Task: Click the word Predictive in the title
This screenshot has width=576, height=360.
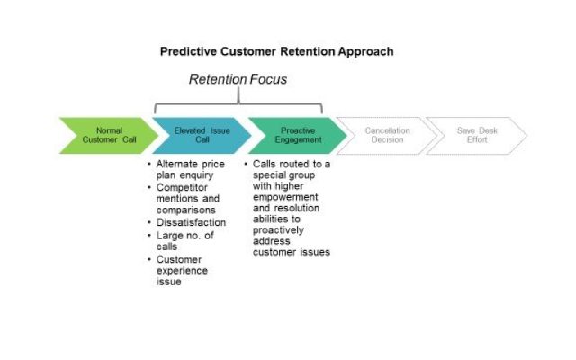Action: [188, 51]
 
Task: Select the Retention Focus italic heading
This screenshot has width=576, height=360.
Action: [238, 79]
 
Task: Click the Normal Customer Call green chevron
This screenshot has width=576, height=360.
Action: [109, 136]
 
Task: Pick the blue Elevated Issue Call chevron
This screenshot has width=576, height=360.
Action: [202, 136]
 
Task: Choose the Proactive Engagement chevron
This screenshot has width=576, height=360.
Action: [298, 136]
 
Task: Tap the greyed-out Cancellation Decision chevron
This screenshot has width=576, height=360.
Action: [387, 136]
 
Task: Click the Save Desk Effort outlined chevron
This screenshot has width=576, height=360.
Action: [477, 136]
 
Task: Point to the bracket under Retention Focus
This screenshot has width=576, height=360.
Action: [238, 104]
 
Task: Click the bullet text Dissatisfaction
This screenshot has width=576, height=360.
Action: [191, 222]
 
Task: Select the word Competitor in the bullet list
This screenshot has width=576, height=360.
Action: [182, 187]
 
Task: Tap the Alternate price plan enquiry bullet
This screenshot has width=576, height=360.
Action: [190, 169]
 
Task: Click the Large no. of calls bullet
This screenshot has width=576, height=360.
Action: [184, 240]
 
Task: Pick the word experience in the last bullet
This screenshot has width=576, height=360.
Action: [182, 271]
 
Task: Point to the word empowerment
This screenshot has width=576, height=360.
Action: [285, 197]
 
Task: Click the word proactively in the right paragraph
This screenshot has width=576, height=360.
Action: [278, 230]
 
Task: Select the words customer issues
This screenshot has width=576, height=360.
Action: [292, 252]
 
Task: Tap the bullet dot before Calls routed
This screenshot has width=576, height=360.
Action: [246, 164]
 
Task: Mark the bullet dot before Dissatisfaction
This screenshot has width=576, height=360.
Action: [149, 222]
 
